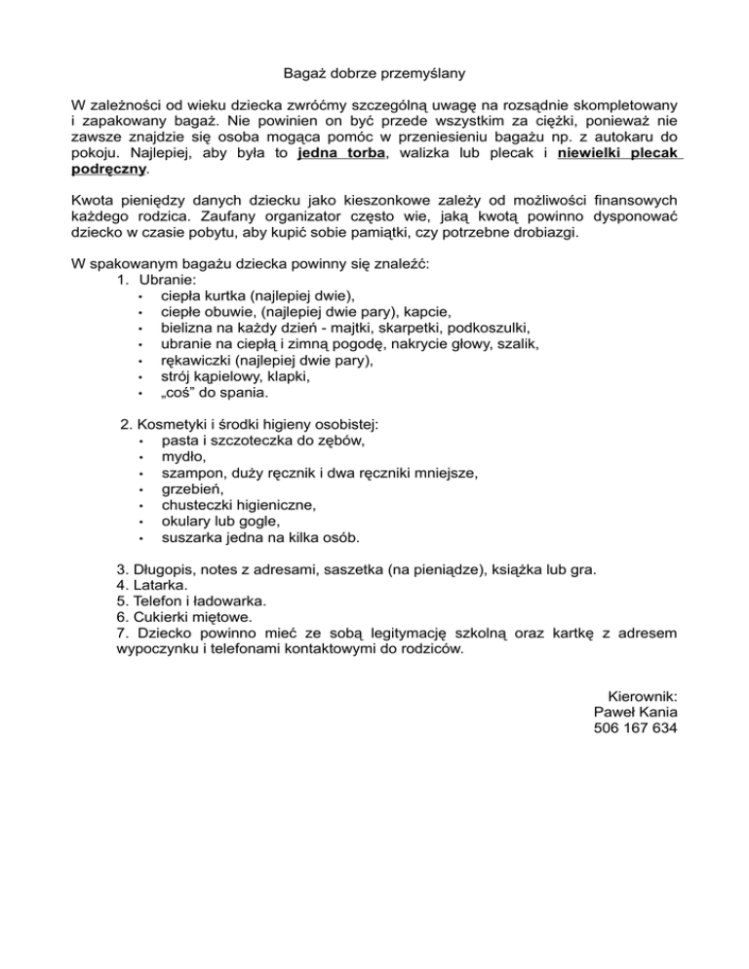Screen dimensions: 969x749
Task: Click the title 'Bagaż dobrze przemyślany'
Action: (x=374, y=72)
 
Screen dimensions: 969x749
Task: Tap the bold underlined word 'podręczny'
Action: (x=108, y=170)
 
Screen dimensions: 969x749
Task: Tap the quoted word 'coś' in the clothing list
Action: (x=179, y=393)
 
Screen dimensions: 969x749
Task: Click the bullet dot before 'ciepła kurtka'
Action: (x=142, y=295)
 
